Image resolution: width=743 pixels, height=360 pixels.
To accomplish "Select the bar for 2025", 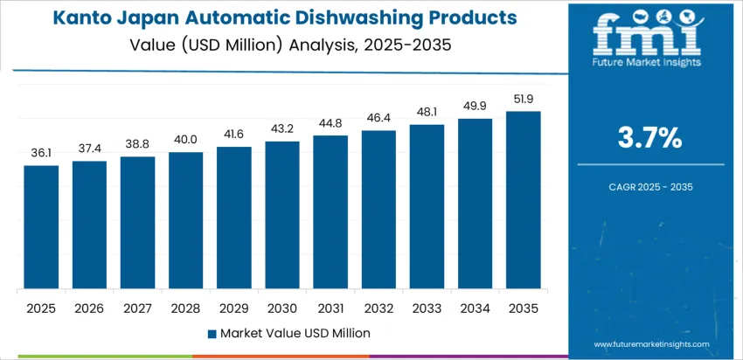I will [41, 227].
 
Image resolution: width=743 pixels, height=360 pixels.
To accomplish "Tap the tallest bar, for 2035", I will [523, 200].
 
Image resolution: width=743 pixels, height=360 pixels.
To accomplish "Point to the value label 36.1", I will [41, 153].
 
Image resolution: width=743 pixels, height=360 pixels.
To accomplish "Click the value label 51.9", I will [523, 99].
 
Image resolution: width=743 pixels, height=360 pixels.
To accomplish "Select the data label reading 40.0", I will [185, 140].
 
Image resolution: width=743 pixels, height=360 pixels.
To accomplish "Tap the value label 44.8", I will [330, 123].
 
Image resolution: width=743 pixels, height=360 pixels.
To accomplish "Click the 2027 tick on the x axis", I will [137, 308].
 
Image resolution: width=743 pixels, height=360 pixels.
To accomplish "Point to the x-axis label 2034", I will [475, 308].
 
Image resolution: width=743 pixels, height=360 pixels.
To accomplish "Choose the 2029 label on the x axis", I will [234, 308].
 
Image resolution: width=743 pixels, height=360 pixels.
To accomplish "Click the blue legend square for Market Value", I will [212, 333].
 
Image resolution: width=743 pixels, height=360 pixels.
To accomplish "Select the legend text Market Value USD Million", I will [295, 333].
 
